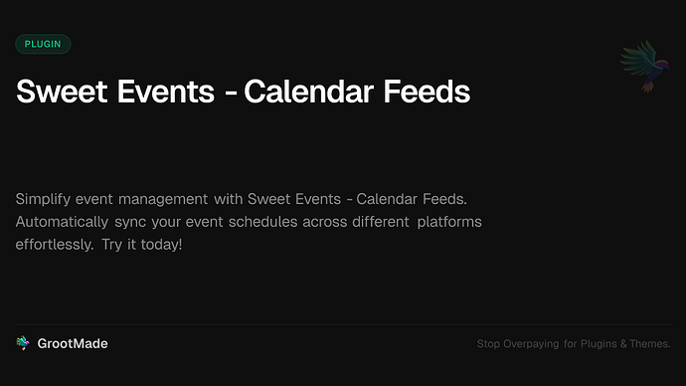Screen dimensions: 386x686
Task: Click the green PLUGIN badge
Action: pyautogui.click(x=43, y=44)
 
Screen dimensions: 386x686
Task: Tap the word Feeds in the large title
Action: pyautogui.click(x=426, y=92)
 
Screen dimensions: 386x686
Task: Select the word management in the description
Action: pyautogui.click(x=155, y=198)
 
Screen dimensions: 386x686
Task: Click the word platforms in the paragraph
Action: pyautogui.click(x=448, y=221)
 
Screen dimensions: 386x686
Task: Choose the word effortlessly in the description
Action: pyautogui.click(x=54, y=244)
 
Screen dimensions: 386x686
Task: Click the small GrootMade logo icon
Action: pyautogui.click(x=23, y=343)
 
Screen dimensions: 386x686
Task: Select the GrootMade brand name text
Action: pyautogui.click(x=73, y=343)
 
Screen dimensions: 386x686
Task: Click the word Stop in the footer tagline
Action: pyautogui.click(x=488, y=344)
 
